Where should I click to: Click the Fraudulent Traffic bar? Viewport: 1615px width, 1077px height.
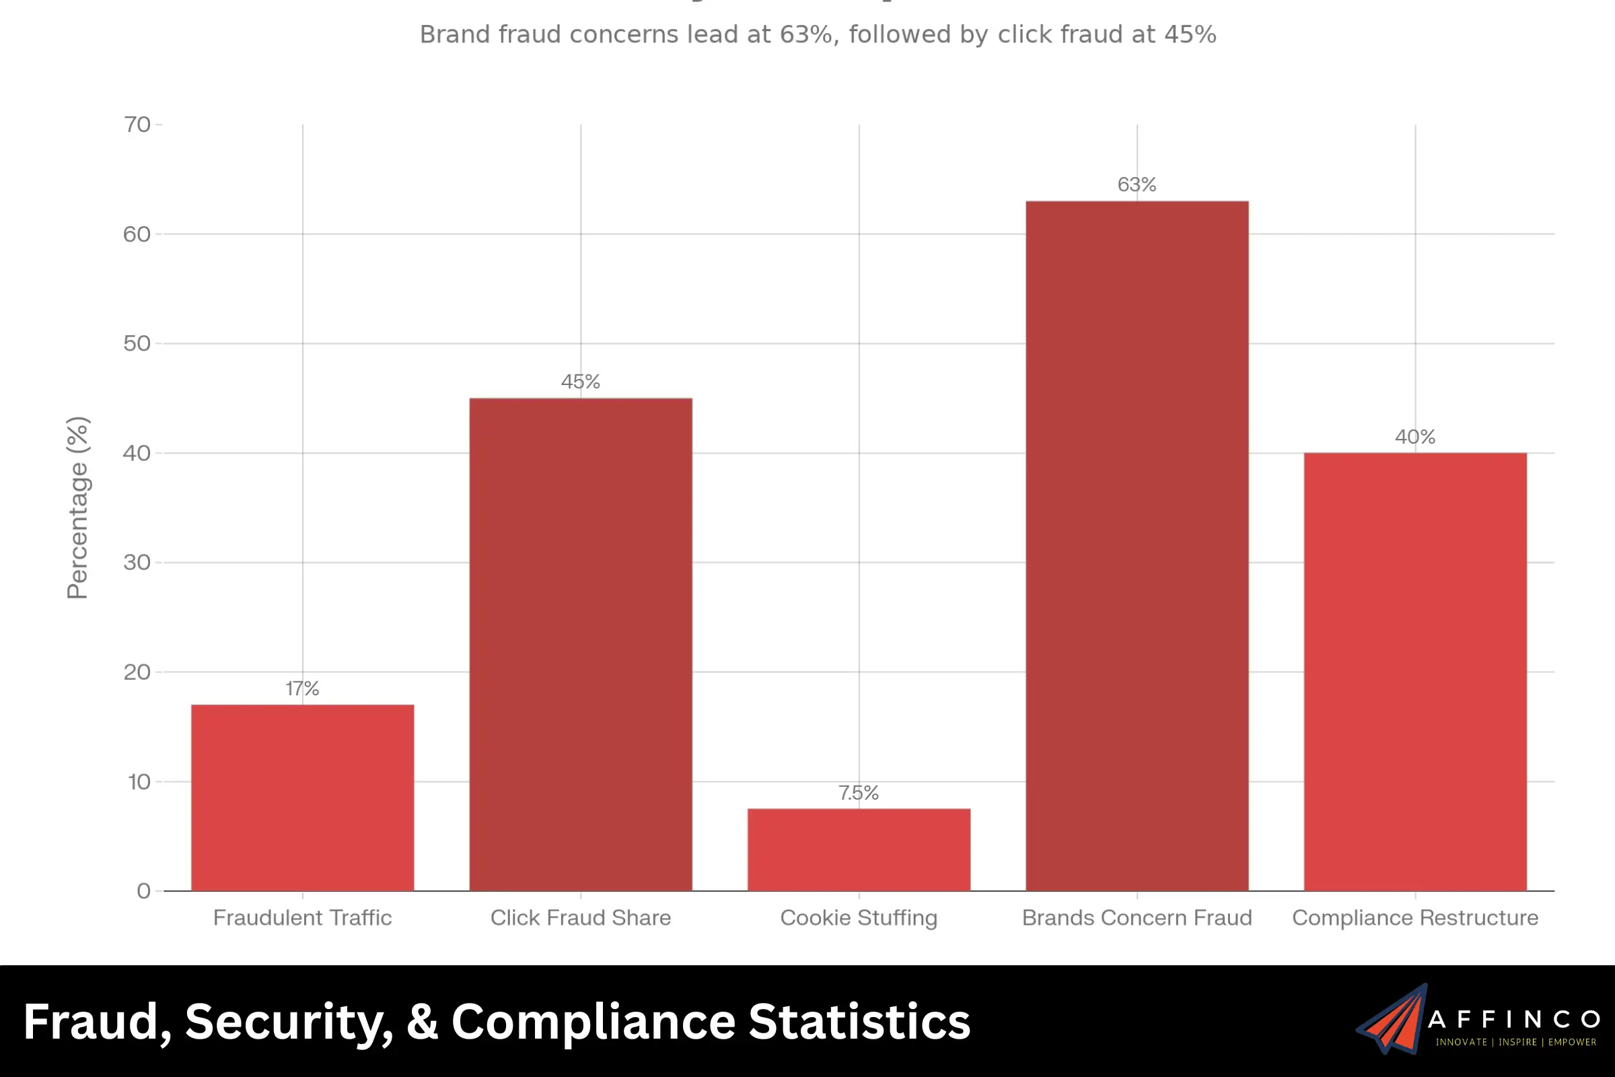[x=302, y=798]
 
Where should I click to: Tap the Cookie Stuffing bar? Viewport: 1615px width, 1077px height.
[x=859, y=849]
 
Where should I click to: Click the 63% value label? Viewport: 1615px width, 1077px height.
[x=1137, y=184]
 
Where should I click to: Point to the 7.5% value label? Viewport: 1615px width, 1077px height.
[x=859, y=793]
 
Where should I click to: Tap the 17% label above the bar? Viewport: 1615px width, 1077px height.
[x=302, y=688]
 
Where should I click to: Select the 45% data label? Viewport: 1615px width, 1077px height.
[x=580, y=382]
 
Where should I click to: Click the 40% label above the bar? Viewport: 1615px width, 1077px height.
[x=1414, y=437]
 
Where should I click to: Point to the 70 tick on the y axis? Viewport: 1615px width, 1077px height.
[x=137, y=125]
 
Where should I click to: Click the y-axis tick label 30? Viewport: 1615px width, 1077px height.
[x=137, y=563]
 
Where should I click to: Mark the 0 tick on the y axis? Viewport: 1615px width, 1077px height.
[x=143, y=891]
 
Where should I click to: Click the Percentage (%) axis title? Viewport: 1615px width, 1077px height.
[x=77, y=508]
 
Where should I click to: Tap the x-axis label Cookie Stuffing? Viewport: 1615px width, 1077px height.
[x=859, y=917]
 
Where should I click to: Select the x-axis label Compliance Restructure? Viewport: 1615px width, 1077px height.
[x=1414, y=917]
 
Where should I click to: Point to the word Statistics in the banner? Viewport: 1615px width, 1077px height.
[x=859, y=1021]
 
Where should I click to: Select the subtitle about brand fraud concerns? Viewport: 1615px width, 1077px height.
[x=817, y=34]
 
